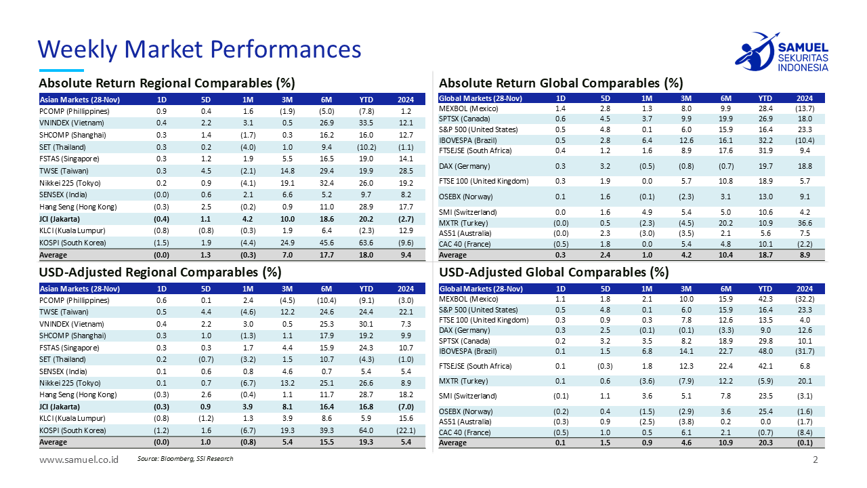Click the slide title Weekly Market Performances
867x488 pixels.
(x=199, y=49)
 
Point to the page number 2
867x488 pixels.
(x=816, y=460)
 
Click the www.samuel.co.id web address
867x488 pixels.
(x=79, y=460)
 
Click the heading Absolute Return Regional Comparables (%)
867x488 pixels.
(x=167, y=83)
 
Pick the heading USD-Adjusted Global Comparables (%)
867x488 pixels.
(x=554, y=272)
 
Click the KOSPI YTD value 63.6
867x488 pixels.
(x=366, y=243)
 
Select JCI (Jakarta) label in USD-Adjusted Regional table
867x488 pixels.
(x=60, y=407)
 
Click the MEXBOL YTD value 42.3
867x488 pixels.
(x=766, y=298)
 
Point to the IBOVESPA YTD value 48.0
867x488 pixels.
(x=766, y=351)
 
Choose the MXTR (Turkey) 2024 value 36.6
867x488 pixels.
(x=805, y=223)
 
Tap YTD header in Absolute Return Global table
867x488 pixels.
(x=766, y=98)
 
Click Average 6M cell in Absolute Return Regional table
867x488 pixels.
(x=327, y=255)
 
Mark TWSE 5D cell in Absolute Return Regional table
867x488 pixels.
(x=207, y=171)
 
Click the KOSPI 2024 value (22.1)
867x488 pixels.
(x=406, y=430)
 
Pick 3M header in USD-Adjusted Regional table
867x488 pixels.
(x=287, y=288)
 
